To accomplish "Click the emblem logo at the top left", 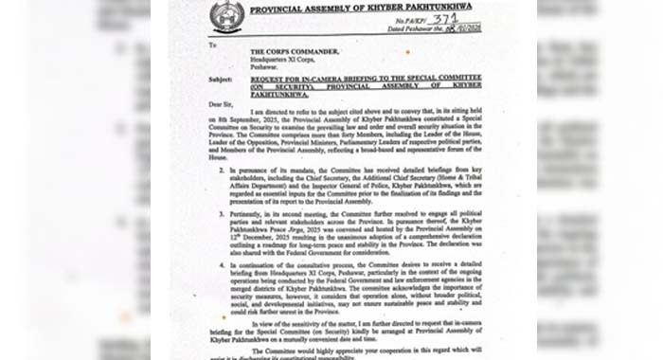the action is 226,17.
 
